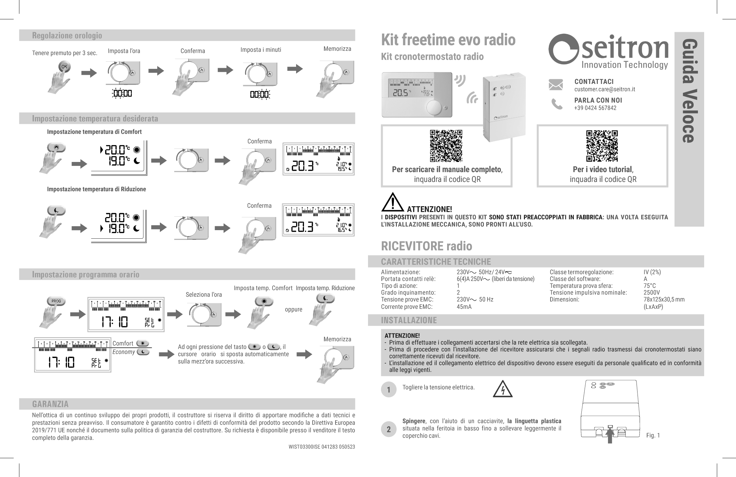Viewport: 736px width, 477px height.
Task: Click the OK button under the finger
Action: pyautogui.click(x=64, y=67)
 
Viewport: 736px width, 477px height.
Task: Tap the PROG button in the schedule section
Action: pyautogui.click(x=56, y=301)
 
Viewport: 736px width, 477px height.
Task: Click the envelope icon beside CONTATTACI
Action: pyautogui.click(x=555, y=85)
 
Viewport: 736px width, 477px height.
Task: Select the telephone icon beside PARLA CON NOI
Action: pyautogui.click(x=556, y=104)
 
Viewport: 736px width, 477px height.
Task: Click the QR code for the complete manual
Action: pyautogui.click(x=446, y=146)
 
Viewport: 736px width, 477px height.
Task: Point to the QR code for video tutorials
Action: pyautogui.click(x=602, y=146)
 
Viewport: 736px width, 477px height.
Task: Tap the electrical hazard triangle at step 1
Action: pyautogui.click(x=503, y=389)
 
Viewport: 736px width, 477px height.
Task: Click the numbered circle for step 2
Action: pyautogui.click(x=389, y=429)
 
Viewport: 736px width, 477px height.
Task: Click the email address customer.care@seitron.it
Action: pyautogui.click(x=605, y=89)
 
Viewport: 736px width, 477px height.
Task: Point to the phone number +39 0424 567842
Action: pyautogui.click(x=595, y=108)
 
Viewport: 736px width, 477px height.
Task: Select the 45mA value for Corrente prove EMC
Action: pyautogui.click(x=464, y=307)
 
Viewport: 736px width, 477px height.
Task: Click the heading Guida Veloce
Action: pyautogui.click(x=689, y=91)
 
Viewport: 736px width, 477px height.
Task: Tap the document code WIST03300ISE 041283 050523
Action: pyautogui.click(x=322, y=447)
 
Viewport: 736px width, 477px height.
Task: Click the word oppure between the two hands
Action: pyautogui.click(x=293, y=309)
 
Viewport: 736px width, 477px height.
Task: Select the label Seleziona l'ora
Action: pyautogui.click(x=204, y=294)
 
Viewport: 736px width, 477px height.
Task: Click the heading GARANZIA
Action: pyautogui.click(x=50, y=404)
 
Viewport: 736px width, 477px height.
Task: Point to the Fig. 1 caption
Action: pyautogui.click(x=653, y=435)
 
